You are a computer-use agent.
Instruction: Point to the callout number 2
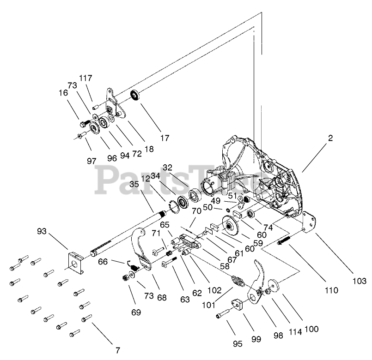[x=330, y=138]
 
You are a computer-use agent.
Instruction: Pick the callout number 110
[x=331, y=290]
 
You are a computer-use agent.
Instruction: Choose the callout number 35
[x=134, y=184]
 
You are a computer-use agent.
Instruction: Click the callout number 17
[x=165, y=137]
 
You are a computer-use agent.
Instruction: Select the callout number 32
[x=167, y=168]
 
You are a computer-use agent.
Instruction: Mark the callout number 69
[x=135, y=313]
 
